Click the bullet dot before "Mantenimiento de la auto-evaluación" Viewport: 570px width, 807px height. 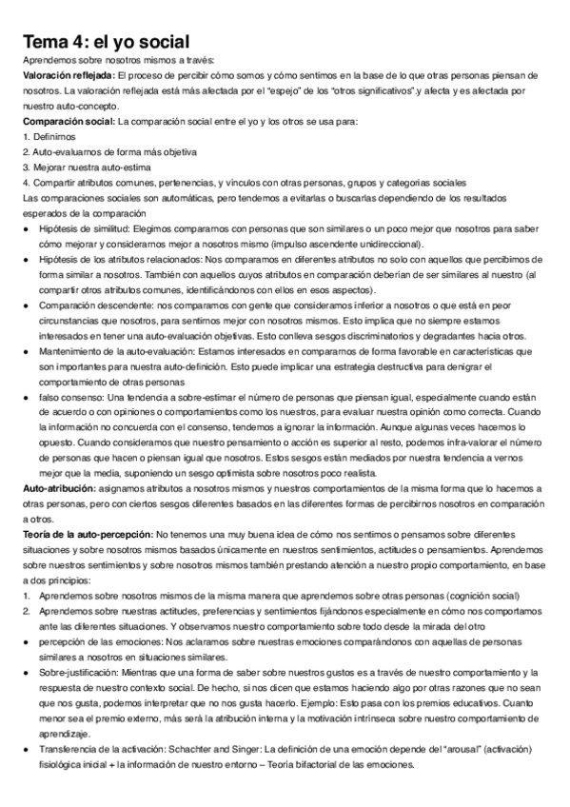click(x=24, y=350)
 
